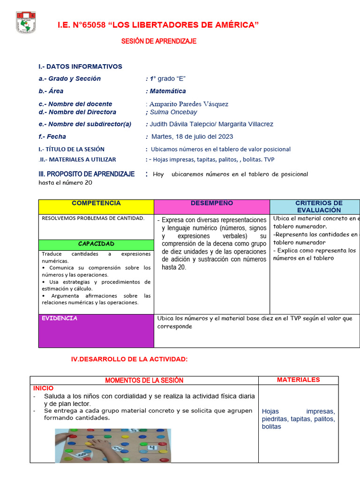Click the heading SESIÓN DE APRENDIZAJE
coord(158,41)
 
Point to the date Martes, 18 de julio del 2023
coord(192,137)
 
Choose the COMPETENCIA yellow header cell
coord(96,206)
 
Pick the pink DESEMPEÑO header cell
coord(211,206)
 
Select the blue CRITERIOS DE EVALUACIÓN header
coord(319,207)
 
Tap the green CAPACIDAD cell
coord(96,244)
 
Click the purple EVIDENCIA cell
coord(96,330)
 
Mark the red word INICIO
coord(43,388)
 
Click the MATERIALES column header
coord(298,380)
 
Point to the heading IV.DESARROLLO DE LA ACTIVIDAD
coord(129,359)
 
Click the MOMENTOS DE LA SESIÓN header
coord(144,380)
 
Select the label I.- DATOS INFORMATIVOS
coord(80,67)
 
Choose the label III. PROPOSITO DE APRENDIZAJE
coord(86,174)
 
